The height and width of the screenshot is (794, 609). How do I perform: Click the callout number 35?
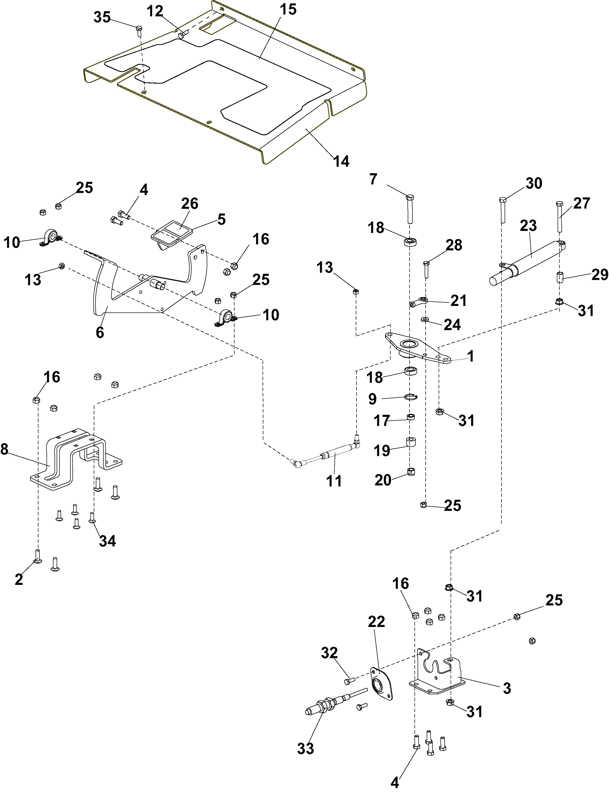click(x=102, y=17)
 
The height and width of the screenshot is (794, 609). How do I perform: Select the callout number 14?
click(x=341, y=161)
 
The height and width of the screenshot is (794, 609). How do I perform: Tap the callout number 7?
click(x=373, y=179)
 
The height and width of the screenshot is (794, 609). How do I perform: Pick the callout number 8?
click(x=4, y=450)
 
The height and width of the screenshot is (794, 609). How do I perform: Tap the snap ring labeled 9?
click(x=411, y=397)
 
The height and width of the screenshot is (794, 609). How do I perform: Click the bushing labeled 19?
click(x=411, y=443)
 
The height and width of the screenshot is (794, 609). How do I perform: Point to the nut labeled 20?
click(x=411, y=472)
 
